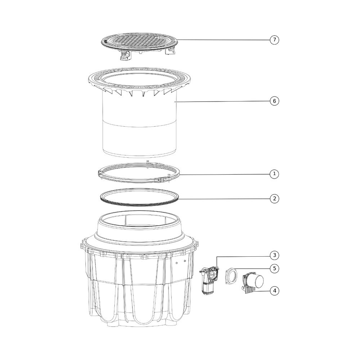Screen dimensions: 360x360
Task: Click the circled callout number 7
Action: tap(274, 40)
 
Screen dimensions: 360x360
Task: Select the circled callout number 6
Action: tap(274, 101)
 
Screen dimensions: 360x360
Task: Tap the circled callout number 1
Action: tap(274, 174)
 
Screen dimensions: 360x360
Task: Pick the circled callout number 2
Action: tap(274, 199)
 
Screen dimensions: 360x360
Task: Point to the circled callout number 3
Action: tap(274, 255)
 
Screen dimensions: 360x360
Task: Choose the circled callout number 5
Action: tap(274, 269)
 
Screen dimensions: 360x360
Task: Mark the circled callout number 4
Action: tap(274, 291)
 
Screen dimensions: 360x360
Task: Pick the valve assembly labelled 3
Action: tap(209, 280)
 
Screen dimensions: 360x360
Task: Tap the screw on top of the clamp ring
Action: tap(148, 162)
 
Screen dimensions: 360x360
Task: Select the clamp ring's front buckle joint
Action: tap(163, 179)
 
